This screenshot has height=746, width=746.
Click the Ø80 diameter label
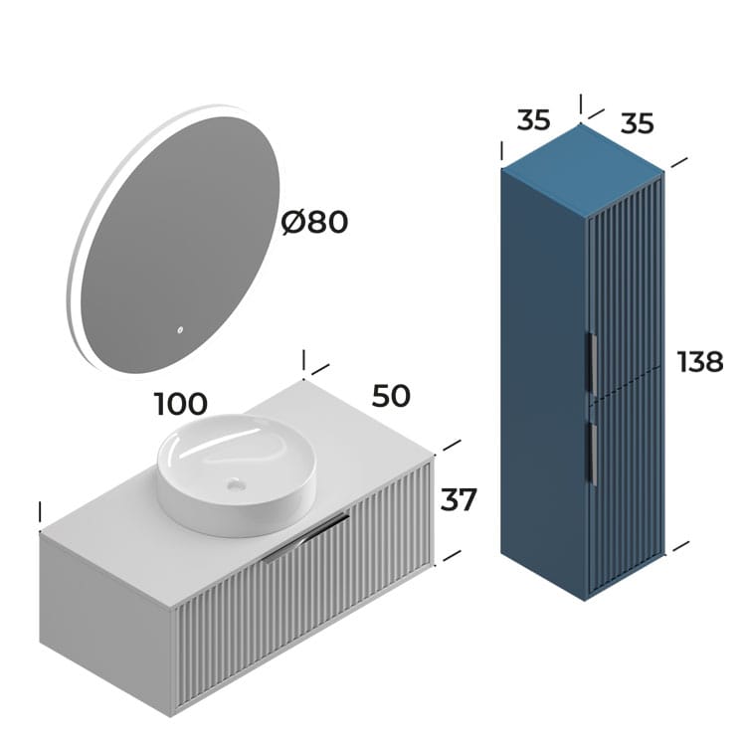click(314, 222)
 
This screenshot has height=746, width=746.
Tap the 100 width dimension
click(181, 404)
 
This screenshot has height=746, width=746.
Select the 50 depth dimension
click(391, 395)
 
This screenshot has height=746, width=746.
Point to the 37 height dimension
click(459, 499)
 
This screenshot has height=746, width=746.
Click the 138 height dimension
click(700, 362)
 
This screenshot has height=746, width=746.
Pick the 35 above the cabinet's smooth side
click(533, 120)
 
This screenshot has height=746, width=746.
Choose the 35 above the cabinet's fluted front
click(638, 123)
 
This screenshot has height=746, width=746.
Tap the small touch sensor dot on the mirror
click(180, 331)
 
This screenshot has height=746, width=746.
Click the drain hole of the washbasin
click(235, 485)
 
